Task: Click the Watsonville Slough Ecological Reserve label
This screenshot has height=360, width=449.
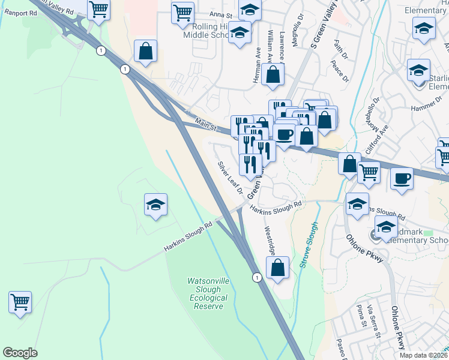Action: coord(208,293)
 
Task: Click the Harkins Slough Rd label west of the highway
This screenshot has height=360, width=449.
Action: coord(188,237)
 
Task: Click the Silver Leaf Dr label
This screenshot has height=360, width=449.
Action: coord(229,178)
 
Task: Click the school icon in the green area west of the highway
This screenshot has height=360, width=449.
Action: coord(155,206)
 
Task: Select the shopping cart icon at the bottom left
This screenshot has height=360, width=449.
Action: coord(20,302)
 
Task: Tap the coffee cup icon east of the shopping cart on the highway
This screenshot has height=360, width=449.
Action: coord(401,178)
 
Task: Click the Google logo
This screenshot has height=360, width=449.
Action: coord(20,353)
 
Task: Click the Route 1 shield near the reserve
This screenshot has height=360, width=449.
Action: coord(256,277)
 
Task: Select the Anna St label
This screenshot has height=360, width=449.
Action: coord(220,14)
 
